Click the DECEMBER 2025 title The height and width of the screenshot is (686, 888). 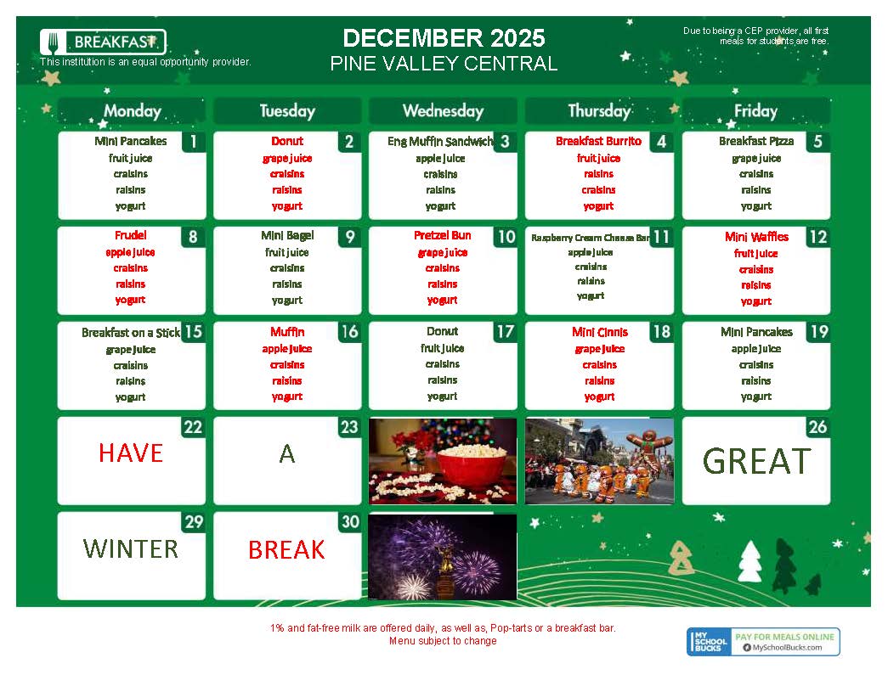(444, 38)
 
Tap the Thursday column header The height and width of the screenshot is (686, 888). (599, 110)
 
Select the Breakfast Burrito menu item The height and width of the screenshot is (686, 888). (598, 141)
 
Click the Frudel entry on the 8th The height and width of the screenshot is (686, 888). (130, 235)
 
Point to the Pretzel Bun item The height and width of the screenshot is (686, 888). (442, 235)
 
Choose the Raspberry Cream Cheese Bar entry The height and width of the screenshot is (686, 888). (591, 238)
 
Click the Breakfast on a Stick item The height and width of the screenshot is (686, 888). (130, 333)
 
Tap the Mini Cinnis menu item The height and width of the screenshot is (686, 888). (599, 332)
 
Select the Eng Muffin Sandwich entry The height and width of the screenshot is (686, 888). (439, 142)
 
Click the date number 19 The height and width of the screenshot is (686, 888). (817, 332)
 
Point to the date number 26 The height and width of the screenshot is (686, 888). (817, 427)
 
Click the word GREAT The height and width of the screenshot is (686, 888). (755, 461)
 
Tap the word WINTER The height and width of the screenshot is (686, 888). (131, 548)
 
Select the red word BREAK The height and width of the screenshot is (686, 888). (286, 550)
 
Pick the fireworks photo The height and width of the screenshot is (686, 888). (442, 556)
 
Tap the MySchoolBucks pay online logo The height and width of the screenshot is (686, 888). (762, 642)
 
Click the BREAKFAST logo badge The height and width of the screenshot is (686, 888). (103, 42)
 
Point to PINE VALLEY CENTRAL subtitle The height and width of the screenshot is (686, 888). (444, 64)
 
